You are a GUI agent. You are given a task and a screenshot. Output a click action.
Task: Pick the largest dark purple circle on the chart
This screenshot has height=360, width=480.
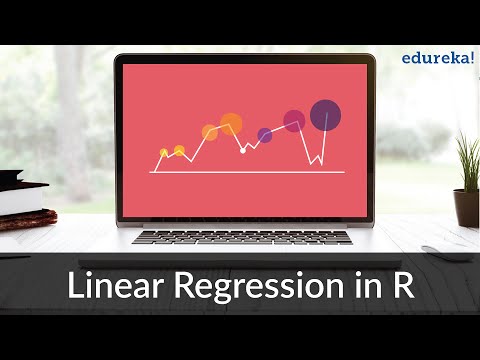325,115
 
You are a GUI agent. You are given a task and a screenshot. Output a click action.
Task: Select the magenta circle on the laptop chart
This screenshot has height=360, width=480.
294,121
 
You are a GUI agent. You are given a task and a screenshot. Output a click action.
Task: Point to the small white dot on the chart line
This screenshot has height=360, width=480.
243,150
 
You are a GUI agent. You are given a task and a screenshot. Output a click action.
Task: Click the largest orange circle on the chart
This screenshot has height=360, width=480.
231,124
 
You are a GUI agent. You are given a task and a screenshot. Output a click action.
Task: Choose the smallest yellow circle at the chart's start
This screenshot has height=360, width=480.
164,153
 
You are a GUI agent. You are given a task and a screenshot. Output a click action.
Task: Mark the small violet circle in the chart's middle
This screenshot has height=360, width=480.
265,135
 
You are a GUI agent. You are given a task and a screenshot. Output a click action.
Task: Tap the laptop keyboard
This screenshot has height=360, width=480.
242,237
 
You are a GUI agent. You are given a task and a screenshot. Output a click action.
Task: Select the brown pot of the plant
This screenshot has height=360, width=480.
466,207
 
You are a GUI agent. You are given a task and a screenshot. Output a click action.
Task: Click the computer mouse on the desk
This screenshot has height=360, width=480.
444,252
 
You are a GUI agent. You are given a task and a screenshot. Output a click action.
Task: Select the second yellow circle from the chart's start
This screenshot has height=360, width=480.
179,151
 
